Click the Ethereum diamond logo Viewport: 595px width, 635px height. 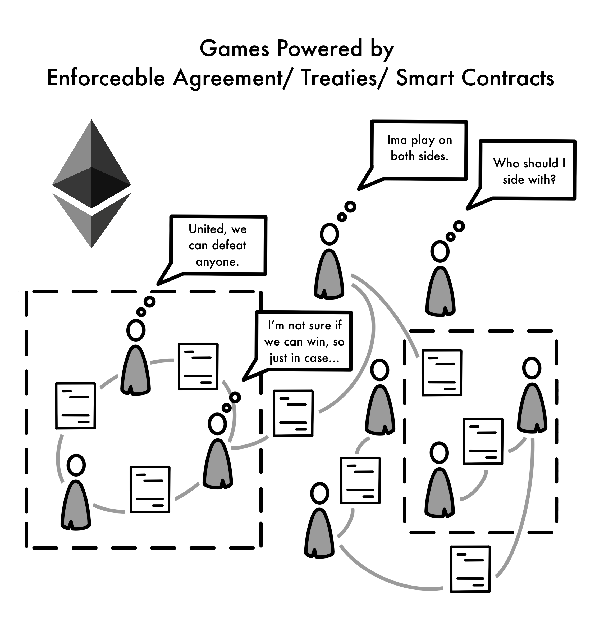91,184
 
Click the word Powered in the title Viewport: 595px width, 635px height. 319,49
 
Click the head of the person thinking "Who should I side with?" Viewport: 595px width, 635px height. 440,251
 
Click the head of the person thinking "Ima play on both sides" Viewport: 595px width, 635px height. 329,234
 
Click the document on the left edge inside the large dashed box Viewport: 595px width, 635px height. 76,406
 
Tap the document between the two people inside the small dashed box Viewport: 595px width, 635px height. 483,441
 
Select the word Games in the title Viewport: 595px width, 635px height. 234,49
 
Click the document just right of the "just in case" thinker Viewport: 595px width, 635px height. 293,413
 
